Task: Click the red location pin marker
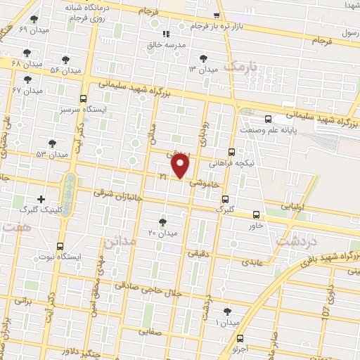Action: (181, 166)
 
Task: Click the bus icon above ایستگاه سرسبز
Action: (84, 98)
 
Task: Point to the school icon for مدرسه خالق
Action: (166, 33)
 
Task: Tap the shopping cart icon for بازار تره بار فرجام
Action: (217, 15)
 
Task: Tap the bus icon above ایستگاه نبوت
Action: (60, 247)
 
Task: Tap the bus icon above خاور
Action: (255, 215)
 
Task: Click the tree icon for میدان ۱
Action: (227, 310)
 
